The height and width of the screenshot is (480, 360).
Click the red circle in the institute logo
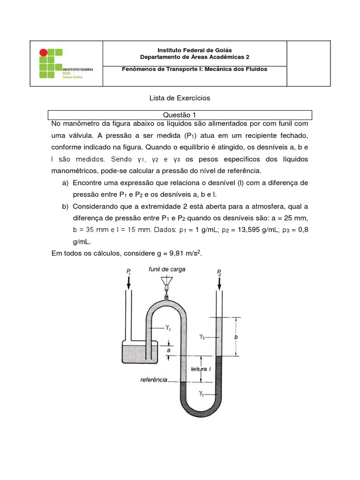43,52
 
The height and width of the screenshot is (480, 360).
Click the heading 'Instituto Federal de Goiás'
195,50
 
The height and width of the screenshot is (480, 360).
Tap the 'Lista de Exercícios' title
180,98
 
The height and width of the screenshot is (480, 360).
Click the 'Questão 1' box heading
180,114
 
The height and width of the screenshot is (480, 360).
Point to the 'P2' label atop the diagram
219,271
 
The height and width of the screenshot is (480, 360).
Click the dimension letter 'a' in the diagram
168,349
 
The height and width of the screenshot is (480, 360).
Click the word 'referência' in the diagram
154,380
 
